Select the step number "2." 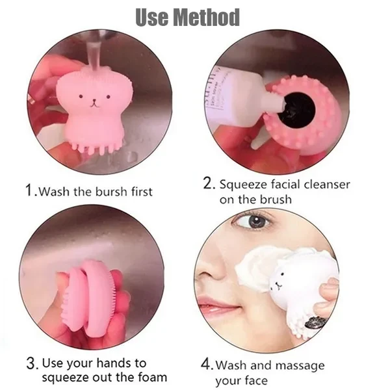point(209,183)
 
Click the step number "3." point(32,363)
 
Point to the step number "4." point(207,365)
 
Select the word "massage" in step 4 point(300,366)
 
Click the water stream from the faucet point(94,55)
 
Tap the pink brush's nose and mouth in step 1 point(94,103)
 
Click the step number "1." point(32,190)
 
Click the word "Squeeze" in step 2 point(243,185)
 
